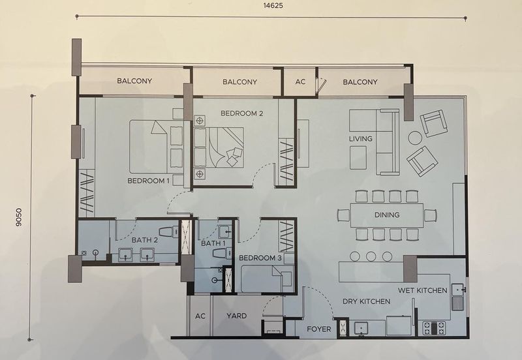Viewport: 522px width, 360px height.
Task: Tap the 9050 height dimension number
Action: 19,217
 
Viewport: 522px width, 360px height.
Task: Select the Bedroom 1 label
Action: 149,181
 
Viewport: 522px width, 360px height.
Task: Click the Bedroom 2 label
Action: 241,113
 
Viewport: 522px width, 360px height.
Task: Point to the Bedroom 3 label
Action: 260,258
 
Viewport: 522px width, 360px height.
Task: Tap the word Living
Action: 361,139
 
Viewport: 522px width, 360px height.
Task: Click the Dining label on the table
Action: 387,215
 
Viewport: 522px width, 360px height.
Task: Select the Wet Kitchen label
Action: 422,290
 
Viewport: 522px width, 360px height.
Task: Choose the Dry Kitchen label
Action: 366,301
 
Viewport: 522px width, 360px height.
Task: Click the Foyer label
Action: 319,329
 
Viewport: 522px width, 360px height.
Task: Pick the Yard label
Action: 237,316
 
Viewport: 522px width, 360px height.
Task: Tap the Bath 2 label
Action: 144,240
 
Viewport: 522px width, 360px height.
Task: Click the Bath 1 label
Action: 213,243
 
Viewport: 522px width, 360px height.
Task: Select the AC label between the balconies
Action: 300,82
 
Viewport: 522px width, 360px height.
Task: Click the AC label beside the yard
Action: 200,316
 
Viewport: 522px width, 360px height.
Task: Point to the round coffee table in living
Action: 415,138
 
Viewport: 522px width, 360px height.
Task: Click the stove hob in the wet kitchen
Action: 434,328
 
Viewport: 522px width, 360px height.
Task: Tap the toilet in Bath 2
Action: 170,232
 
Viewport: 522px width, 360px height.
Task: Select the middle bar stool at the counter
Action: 371,256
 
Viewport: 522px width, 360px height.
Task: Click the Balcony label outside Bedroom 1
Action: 134,81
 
